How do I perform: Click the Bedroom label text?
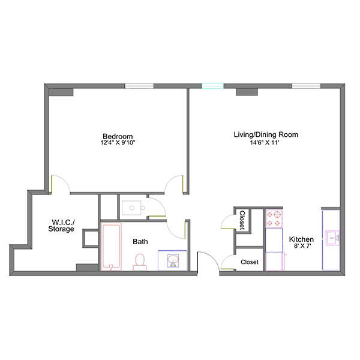click(x=118, y=136)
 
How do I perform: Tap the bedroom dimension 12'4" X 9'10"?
click(x=118, y=143)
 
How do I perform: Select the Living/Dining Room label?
click(x=266, y=134)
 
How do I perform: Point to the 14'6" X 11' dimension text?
click(x=266, y=143)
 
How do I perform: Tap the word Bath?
click(x=141, y=242)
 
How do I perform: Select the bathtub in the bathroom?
click(x=110, y=247)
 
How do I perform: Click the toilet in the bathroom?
click(x=140, y=261)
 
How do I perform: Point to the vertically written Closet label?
click(x=242, y=220)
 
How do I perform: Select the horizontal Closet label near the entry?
click(x=250, y=262)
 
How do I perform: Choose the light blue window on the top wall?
click(x=212, y=86)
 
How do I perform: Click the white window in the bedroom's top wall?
click(x=139, y=86)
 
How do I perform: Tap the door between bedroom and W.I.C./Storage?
click(x=60, y=184)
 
